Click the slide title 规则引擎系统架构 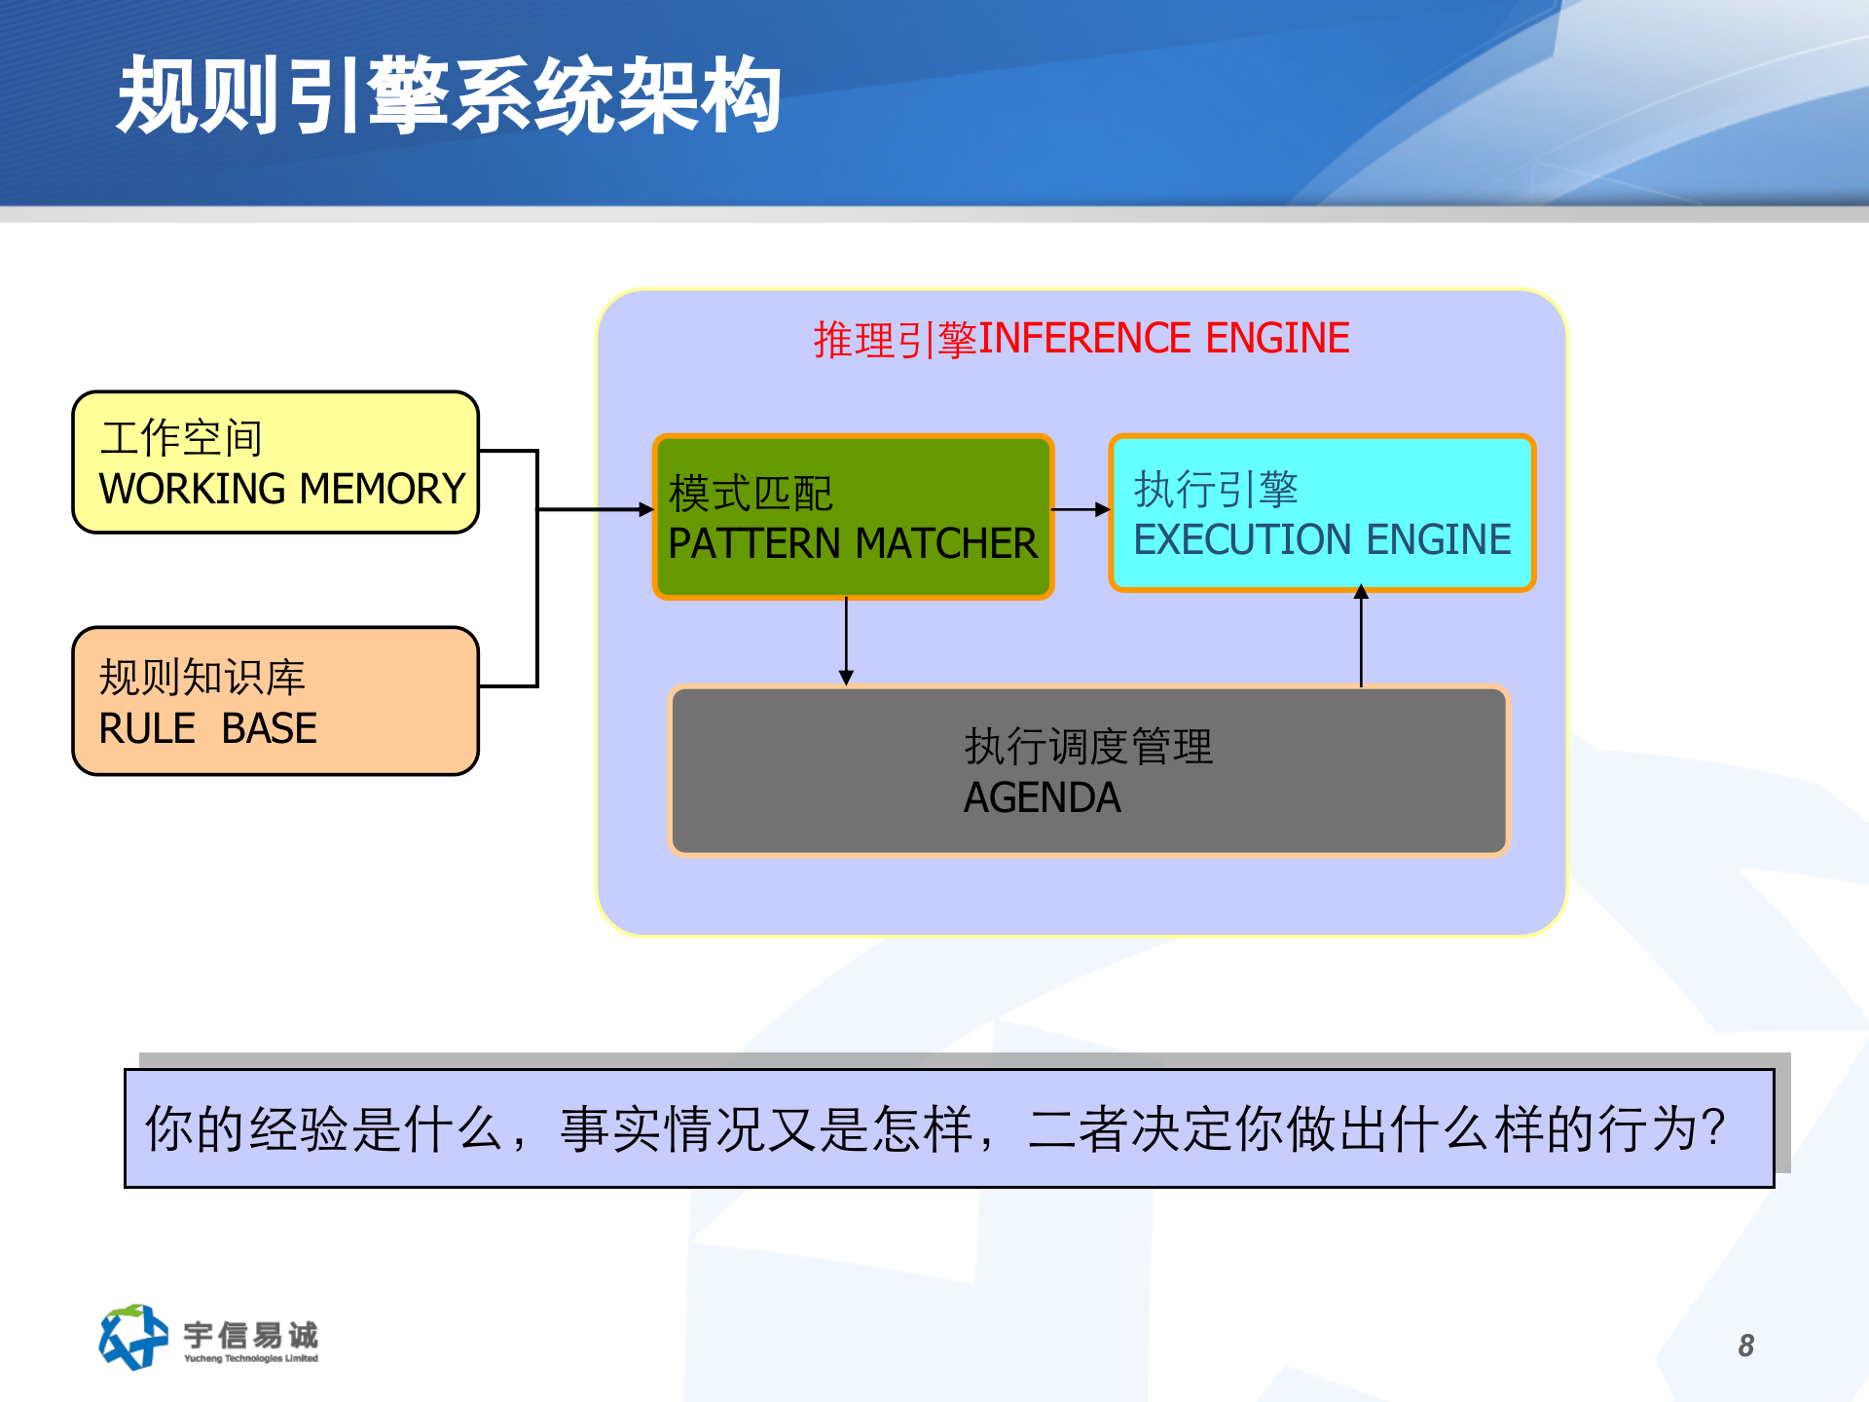click(x=448, y=95)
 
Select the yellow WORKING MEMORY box click(x=275, y=462)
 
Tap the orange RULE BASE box click(x=275, y=701)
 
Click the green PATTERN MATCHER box click(x=853, y=517)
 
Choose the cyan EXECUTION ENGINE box click(x=1322, y=513)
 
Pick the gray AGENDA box click(x=1088, y=770)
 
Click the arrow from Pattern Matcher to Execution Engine click(x=1081, y=509)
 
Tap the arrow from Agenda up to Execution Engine click(x=1361, y=638)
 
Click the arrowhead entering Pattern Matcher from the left click(x=645, y=509)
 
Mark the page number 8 click(x=1745, y=1346)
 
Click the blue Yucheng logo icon click(x=132, y=1337)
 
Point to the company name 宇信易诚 click(x=250, y=1334)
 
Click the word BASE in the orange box click(x=270, y=728)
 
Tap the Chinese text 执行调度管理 click(x=1088, y=747)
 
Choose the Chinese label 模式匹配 click(x=751, y=494)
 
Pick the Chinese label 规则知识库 click(x=202, y=678)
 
